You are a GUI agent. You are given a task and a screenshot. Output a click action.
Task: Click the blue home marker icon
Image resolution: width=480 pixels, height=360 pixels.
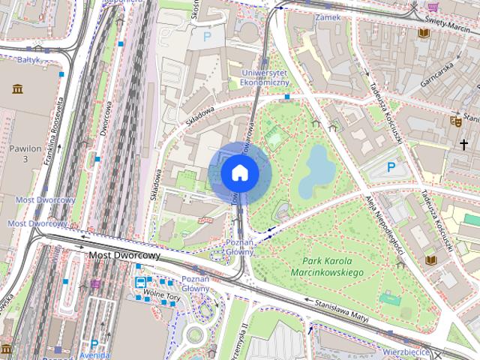pos(240,172)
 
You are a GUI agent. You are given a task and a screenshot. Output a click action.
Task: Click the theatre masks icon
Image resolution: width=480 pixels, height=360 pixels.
pos(455,120)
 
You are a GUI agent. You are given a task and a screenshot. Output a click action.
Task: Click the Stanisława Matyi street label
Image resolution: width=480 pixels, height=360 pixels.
pos(337,311)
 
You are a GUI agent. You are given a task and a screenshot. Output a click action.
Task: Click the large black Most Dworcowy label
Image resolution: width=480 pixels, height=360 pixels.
pos(124,256)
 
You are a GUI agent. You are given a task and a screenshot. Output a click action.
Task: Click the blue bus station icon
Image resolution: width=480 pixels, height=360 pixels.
pos(140,283)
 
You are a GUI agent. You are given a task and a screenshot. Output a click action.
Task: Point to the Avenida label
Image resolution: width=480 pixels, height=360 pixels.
pos(94,355)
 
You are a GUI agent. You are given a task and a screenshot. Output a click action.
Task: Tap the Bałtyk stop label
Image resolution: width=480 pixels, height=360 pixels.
pos(28,57)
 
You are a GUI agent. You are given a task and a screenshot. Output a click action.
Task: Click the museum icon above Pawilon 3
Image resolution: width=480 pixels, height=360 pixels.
pos(17,89)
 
